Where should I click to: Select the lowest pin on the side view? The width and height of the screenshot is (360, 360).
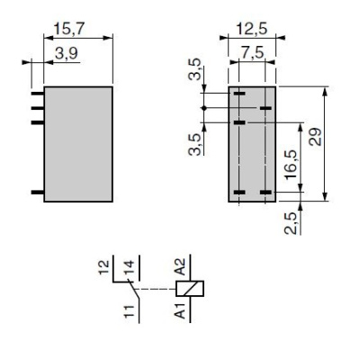[x=37, y=193]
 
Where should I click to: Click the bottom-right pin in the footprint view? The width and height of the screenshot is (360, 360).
[x=265, y=193]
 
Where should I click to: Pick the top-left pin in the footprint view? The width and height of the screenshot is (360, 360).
[x=239, y=93]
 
